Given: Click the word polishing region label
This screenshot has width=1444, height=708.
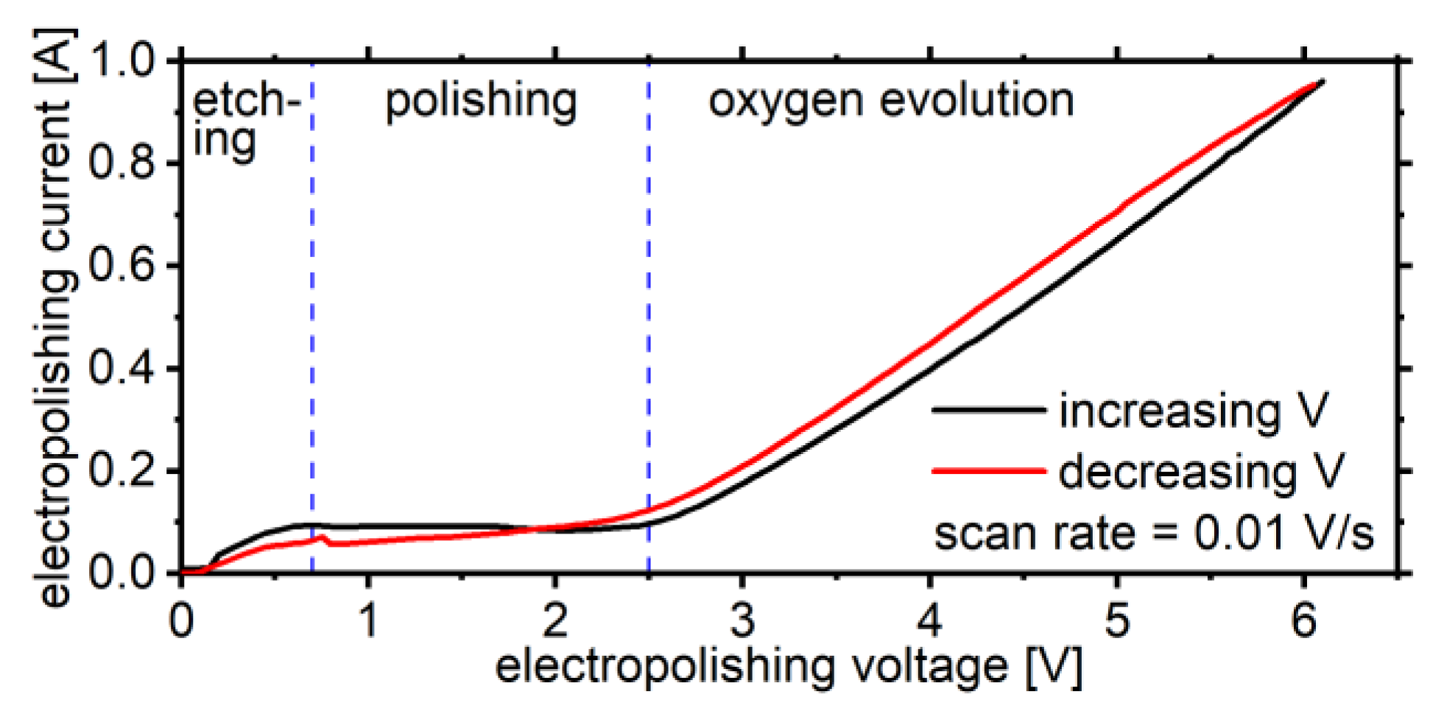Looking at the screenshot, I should [481, 102].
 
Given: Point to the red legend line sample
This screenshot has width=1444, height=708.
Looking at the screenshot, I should [988, 470].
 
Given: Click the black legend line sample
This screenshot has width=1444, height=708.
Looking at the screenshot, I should [988, 409].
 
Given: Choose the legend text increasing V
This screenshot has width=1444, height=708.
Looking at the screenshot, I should [1193, 411].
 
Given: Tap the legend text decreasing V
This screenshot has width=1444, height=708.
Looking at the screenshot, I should [1200, 472].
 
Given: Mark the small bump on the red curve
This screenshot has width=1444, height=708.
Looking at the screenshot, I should [322, 538].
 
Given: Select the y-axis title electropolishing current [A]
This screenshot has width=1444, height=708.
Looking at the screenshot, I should [55, 316].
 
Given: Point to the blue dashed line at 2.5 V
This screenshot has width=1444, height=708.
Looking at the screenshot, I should [649, 294].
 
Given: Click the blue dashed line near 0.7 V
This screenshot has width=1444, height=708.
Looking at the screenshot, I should [312, 294].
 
